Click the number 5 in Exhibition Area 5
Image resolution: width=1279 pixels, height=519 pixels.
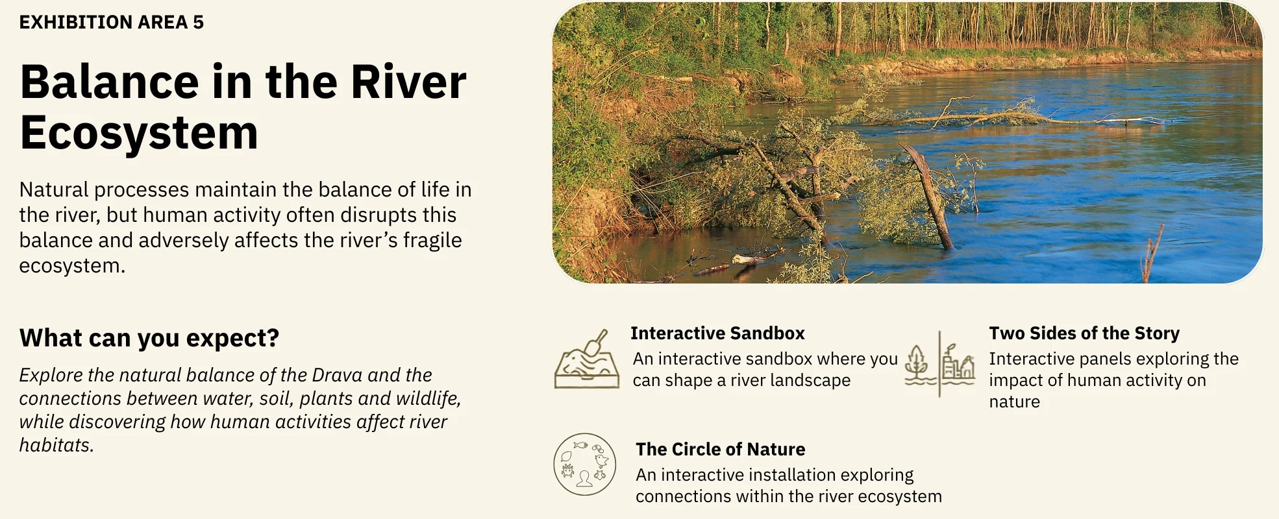point(198,22)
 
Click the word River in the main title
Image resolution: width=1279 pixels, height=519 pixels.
point(408,82)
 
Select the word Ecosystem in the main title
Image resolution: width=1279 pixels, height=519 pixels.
point(139,133)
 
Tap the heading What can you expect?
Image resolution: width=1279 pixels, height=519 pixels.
point(149,338)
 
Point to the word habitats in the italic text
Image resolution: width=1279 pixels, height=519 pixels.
point(56,445)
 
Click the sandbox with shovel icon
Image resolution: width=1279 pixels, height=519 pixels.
point(586,359)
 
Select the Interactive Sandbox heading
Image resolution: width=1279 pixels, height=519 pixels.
point(717,333)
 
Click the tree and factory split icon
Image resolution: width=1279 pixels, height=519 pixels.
point(939,363)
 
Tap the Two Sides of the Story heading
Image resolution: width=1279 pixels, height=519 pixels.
point(1084,333)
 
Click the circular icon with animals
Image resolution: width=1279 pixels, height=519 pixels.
point(584,465)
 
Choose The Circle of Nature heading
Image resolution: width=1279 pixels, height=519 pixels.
point(721,449)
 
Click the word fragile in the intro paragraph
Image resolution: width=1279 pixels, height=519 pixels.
point(432,240)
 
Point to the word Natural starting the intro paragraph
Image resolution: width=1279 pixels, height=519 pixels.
point(54,189)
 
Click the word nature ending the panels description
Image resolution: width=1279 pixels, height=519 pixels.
point(1014,402)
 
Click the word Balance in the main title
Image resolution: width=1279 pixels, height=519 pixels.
point(110,82)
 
